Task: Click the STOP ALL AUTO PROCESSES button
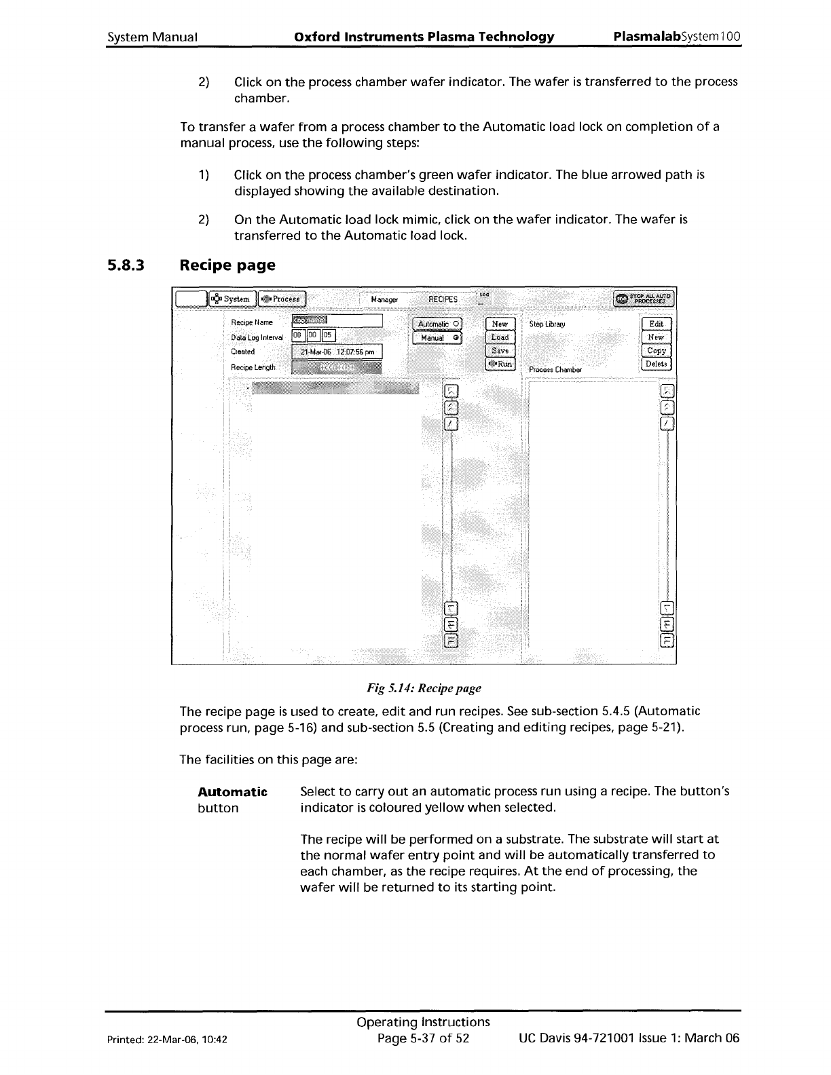tap(643, 299)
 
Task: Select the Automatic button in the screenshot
tap(438, 324)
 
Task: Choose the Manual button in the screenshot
tap(438, 337)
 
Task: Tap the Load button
tap(500, 337)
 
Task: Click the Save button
tap(500, 351)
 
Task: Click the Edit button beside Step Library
tap(656, 324)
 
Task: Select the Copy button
tap(656, 351)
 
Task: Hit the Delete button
tap(656, 364)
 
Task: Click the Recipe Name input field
tap(337, 322)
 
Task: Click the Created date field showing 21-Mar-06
tap(337, 352)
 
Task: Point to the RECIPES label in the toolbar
tap(443, 299)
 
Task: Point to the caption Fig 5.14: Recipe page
tap(424, 688)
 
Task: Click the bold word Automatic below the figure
tap(232, 792)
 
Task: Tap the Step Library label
tap(547, 324)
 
